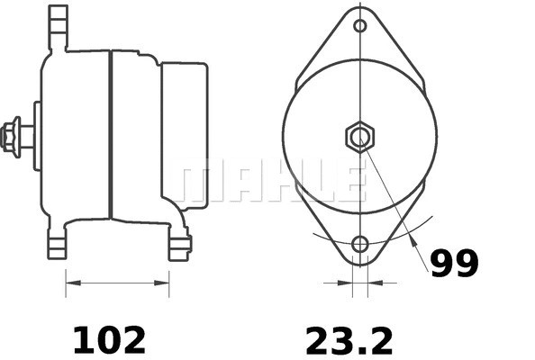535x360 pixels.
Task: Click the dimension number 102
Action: pos(108,340)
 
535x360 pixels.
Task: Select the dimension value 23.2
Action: pos(349,340)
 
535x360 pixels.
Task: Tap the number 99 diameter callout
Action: pos(454,263)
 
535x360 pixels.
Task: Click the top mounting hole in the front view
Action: pos(360,25)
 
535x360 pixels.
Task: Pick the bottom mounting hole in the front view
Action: pos(360,244)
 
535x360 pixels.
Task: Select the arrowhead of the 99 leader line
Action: pos(414,241)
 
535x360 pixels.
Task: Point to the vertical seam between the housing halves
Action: pos(110,135)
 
